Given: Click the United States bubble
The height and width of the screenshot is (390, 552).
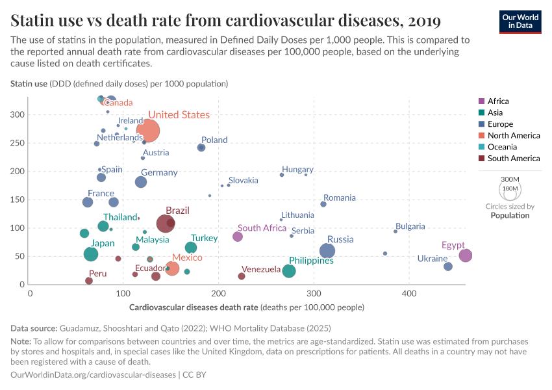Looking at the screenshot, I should pyautogui.click(x=148, y=130).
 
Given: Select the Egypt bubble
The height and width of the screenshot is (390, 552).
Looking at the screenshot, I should pyautogui.click(x=465, y=255).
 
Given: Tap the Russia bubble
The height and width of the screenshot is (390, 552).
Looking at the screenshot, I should pyautogui.click(x=327, y=251).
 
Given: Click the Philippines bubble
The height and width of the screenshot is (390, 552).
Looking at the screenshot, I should pyautogui.click(x=289, y=271).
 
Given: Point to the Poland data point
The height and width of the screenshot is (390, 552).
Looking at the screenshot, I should pyautogui.click(x=201, y=148).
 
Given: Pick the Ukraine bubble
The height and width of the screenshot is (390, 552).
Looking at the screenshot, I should pyautogui.click(x=448, y=266).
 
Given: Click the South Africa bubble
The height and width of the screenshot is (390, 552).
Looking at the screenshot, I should pyautogui.click(x=238, y=237).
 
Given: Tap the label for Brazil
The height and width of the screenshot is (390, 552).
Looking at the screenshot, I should pyautogui.click(x=177, y=211).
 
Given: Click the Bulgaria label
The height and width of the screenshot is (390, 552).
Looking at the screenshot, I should pyautogui.click(x=410, y=226).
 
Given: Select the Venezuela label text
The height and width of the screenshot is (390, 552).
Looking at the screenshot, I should pyautogui.click(x=261, y=269).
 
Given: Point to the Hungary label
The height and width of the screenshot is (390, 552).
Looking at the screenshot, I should pyautogui.click(x=297, y=170).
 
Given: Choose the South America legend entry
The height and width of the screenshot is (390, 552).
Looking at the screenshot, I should pyautogui.click(x=513, y=159).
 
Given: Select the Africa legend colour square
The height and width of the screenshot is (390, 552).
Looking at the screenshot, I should pyautogui.click(x=481, y=101).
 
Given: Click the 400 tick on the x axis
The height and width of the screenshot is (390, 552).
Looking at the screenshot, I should pyautogui.click(x=409, y=294).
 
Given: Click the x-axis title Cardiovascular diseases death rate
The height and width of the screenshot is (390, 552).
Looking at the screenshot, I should pyautogui.click(x=247, y=307).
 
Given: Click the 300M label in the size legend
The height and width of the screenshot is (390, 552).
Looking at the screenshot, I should pyautogui.click(x=510, y=179).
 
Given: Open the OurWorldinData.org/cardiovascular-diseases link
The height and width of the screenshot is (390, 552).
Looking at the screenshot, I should pyautogui.click(x=94, y=375).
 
